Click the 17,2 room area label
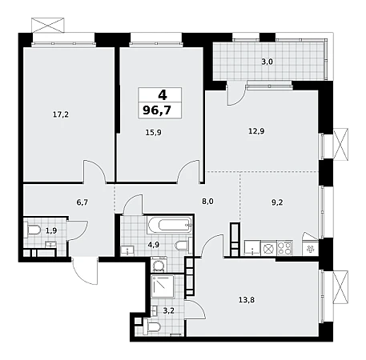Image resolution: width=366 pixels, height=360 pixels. [x=61, y=114]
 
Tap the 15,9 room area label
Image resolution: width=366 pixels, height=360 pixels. [x=154, y=132]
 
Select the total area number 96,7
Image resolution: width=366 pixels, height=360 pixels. [x=157, y=110]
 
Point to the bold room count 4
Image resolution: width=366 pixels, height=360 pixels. [x=163, y=94]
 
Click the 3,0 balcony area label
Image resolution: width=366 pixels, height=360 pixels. [x=267, y=62]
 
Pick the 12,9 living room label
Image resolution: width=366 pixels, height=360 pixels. [x=256, y=131]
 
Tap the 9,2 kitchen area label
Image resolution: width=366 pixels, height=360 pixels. [x=277, y=202]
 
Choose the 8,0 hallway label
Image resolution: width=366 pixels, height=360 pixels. [x=207, y=202]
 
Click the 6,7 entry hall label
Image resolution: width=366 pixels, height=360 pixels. [x=82, y=202]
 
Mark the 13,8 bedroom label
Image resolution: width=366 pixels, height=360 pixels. [x=247, y=300]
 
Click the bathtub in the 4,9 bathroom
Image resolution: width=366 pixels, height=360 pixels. [x=170, y=225]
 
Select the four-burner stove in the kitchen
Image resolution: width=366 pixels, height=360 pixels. [x=284, y=248]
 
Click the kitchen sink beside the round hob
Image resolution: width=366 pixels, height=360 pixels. [x=252, y=248]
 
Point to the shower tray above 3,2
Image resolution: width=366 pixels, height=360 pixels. [x=163, y=286]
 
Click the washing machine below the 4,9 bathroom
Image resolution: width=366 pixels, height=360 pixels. [x=159, y=265]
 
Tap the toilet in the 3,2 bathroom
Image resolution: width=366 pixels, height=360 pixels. [x=152, y=326]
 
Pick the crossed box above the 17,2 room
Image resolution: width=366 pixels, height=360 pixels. [x=48, y=26]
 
